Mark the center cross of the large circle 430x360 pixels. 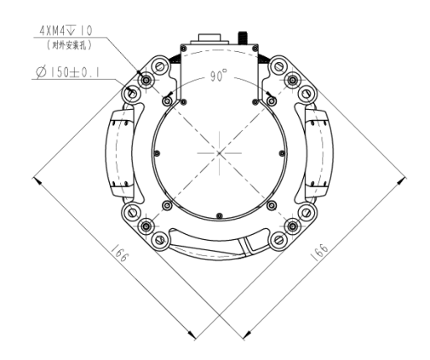(220, 152)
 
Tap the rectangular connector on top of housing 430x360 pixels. (209, 38)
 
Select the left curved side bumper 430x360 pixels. (115, 153)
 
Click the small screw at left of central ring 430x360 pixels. (158, 153)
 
